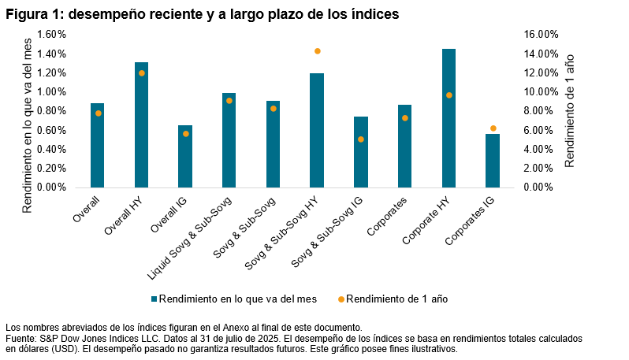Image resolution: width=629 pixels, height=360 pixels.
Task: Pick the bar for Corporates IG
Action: pyautogui.click(x=492, y=161)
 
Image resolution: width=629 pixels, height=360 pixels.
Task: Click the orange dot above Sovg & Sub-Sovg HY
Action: pyautogui.click(x=317, y=51)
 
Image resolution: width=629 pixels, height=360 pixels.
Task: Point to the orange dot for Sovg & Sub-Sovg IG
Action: pyautogui.click(x=360, y=139)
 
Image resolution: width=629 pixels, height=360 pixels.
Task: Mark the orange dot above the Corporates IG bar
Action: pyautogui.click(x=493, y=128)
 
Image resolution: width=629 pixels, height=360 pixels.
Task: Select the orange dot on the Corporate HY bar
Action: pyautogui.click(x=448, y=95)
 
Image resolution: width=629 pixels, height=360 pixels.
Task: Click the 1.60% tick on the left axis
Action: pyautogui.click(x=51, y=35)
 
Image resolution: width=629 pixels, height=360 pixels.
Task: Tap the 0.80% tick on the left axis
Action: pyautogui.click(x=51, y=111)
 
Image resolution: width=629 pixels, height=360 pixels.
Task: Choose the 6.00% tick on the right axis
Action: pyautogui.click(x=541, y=130)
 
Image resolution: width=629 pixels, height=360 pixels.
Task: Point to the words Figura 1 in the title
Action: pyautogui.click(x=35, y=13)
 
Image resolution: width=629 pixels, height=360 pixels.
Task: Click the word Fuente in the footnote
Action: pyautogui.click(x=21, y=338)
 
